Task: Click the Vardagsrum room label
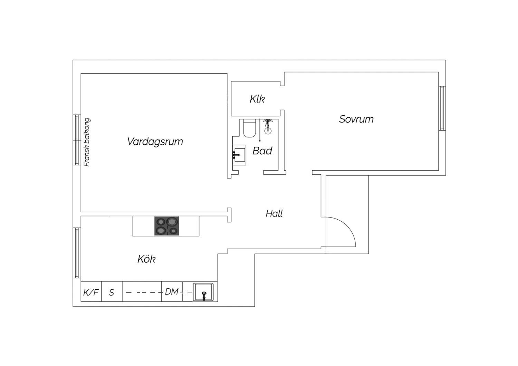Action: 155,142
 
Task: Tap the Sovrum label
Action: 356,119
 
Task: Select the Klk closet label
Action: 257,99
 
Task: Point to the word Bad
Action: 262,151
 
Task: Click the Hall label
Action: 274,214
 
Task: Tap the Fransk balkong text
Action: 87,142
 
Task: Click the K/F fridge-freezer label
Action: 91,292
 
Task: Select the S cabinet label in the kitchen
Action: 112,293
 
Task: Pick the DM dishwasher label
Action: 172,292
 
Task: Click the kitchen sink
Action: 203,292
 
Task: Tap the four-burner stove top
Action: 166,226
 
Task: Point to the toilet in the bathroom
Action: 250,128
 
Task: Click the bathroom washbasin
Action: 239,155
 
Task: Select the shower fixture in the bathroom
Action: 268,127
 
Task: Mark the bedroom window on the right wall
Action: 442,108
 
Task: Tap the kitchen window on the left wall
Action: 77,253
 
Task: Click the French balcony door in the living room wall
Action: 77,140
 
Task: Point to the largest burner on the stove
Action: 171,222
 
